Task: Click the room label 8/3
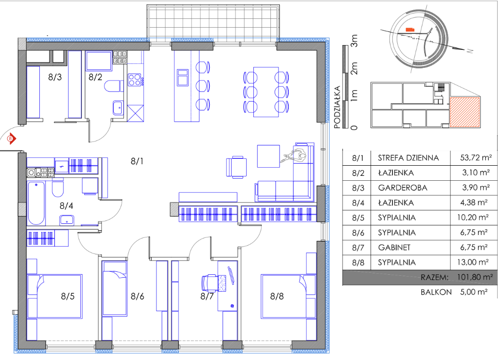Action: coord(55,77)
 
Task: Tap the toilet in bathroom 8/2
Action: coord(113,86)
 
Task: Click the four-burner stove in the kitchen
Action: coord(134,80)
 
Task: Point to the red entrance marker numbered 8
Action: coord(11,139)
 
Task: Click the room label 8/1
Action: coord(137,161)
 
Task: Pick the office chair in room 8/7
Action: coord(209,283)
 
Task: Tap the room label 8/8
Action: coord(277,297)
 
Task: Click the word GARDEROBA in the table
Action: coord(403,188)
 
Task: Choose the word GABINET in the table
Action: coord(394,248)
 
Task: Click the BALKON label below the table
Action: coord(436,292)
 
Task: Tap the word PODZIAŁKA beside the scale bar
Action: coord(337,107)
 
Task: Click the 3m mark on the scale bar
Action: coord(354,41)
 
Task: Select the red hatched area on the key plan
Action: coord(465,112)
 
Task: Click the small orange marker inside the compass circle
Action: coord(410,29)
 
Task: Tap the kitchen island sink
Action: coord(183,78)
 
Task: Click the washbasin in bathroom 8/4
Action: coord(67,220)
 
